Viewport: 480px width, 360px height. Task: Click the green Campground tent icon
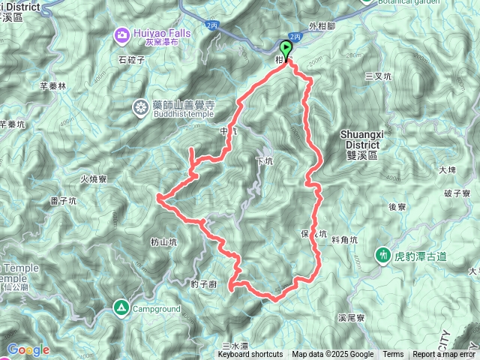pyautogui.click(x=121, y=307)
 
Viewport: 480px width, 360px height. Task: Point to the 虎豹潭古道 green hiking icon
pyautogui.click(x=384, y=256)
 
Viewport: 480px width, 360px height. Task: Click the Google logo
pyautogui.click(x=28, y=349)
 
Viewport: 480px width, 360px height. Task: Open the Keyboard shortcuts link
pyautogui.click(x=250, y=355)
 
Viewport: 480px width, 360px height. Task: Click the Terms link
pyautogui.click(x=393, y=355)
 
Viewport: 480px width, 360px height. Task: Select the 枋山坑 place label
pyautogui.click(x=163, y=241)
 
